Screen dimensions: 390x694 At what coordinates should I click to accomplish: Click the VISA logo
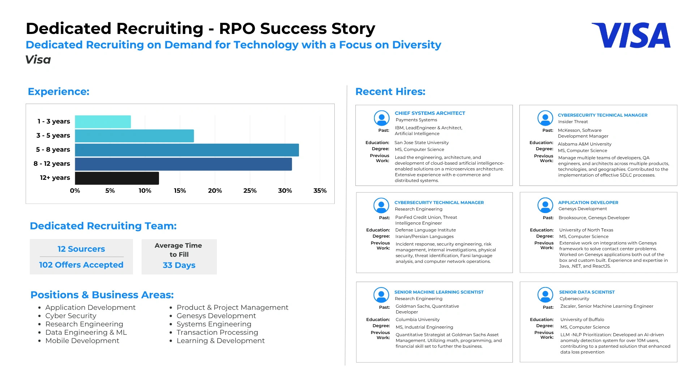[631, 35]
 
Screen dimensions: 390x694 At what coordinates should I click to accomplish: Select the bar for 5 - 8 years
[187, 150]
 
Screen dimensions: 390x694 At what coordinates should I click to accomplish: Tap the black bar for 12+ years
[117, 178]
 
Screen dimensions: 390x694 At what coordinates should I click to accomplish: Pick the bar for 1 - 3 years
[103, 122]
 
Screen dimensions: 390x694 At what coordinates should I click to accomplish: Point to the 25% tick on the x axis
[250, 191]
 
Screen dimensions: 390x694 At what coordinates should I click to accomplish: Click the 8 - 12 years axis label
[52, 164]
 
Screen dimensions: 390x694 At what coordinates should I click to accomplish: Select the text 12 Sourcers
[81, 249]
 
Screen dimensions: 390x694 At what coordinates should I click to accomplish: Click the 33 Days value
[179, 265]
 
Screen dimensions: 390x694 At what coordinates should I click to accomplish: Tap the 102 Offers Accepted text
[81, 265]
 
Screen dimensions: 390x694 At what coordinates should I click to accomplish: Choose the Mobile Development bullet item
[82, 341]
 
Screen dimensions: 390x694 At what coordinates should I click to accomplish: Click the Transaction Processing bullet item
[217, 332]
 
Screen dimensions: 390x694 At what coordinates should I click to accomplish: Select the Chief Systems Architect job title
[430, 113]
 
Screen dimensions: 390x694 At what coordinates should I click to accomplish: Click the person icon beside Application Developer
[545, 205]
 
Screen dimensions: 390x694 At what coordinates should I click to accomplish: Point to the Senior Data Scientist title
[587, 292]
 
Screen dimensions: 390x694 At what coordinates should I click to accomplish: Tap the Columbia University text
[417, 319]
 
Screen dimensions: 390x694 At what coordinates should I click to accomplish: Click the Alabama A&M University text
[584, 144]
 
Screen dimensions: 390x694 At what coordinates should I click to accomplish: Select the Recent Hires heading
[390, 91]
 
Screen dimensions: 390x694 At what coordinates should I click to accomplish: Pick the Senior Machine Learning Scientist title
[439, 292]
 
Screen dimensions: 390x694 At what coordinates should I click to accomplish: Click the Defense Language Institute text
[425, 230]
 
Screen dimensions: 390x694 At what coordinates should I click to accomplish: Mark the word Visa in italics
[38, 60]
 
